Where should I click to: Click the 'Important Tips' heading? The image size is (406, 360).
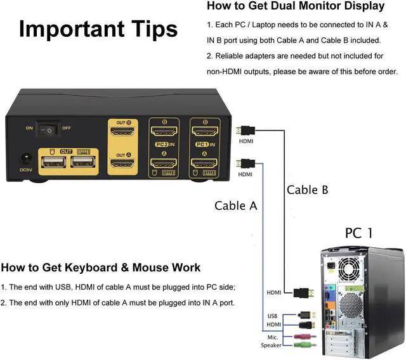pos(98,29)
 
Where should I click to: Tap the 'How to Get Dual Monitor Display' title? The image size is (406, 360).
pos(296,6)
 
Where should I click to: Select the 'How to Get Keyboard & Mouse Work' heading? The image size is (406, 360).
pos(101,267)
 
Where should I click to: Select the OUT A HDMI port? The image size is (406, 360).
pos(121,164)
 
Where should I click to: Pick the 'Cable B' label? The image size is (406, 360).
pos(308,189)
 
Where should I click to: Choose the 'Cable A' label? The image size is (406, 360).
pos(235,205)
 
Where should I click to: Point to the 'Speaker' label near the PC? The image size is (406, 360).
pos(271,345)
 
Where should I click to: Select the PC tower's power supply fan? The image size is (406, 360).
pos(350,267)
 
